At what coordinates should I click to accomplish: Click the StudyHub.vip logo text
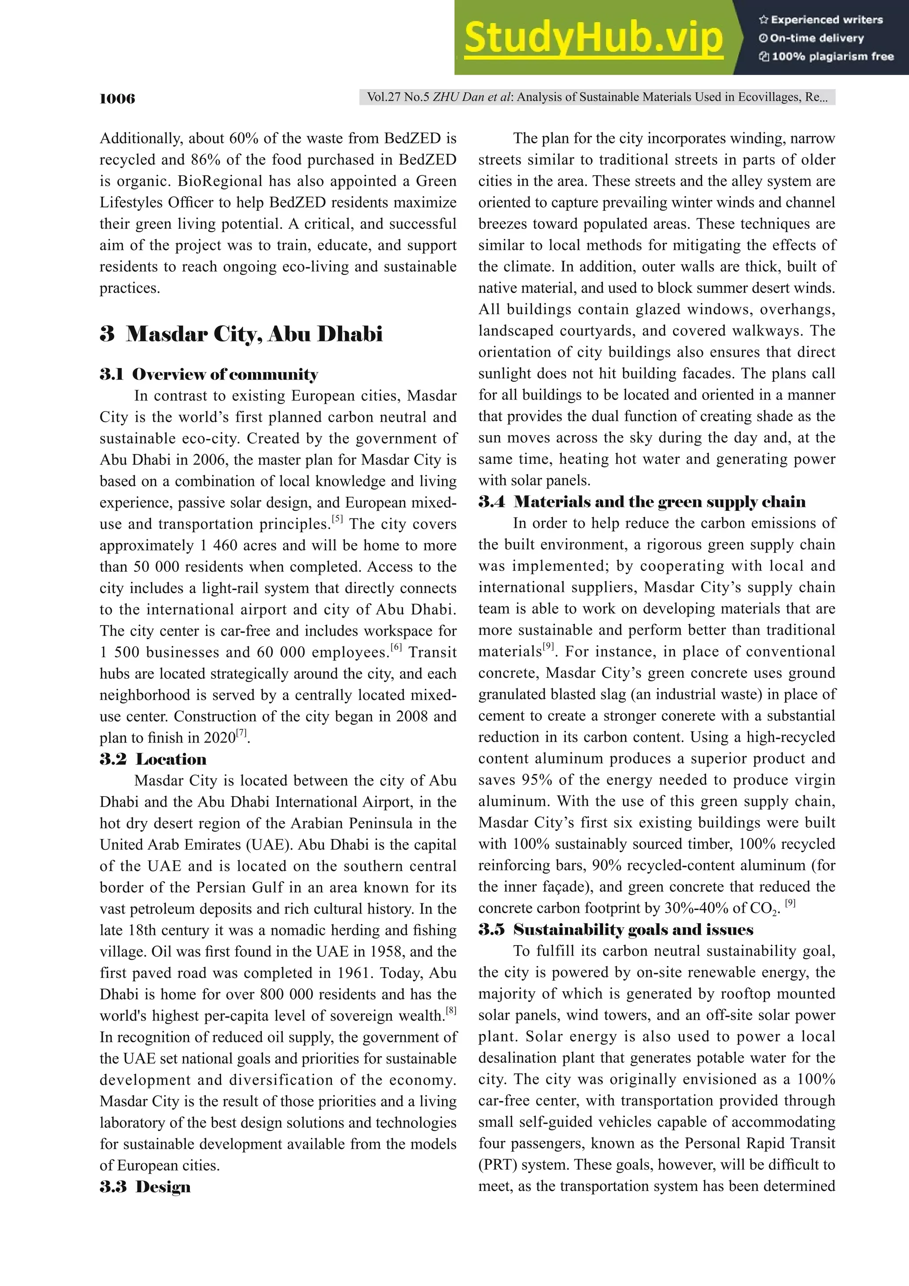point(594,38)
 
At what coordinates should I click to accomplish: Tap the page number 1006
point(117,99)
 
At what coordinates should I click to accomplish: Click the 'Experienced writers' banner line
point(821,20)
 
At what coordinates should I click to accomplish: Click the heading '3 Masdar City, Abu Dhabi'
point(241,334)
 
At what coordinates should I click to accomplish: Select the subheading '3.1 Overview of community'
point(209,374)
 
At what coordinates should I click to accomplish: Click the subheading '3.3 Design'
point(145,1187)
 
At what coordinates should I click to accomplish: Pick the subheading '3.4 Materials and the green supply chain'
point(642,502)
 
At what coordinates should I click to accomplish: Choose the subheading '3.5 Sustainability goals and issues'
point(616,930)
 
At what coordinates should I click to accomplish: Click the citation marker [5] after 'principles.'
point(337,518)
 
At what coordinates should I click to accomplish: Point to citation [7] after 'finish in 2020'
point(241,732)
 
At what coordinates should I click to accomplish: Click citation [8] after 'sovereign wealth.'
point(451,1010)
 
